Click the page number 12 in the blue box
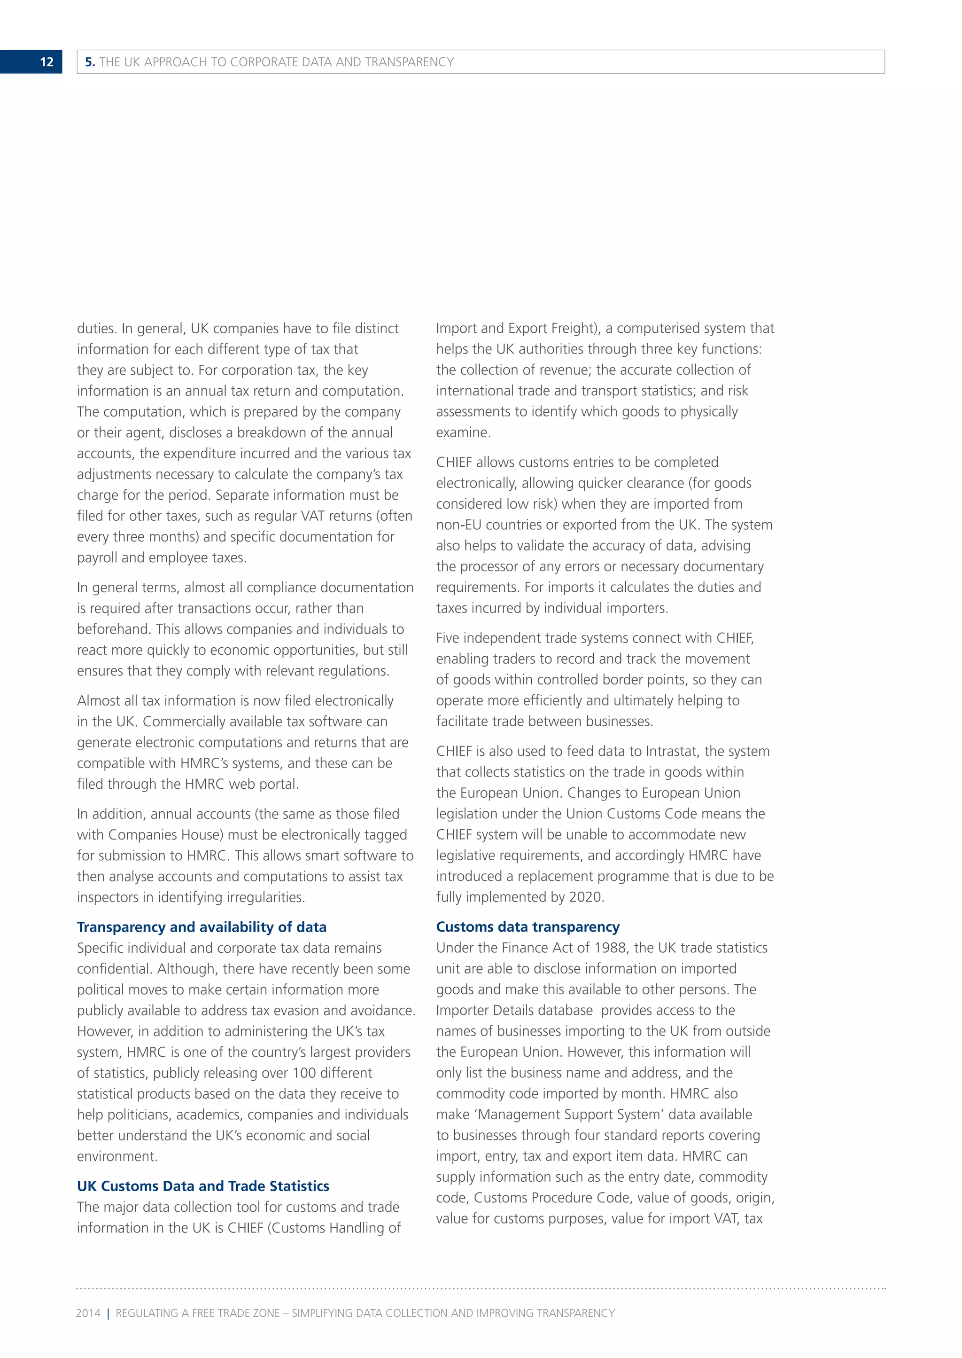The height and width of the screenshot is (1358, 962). (46, 62)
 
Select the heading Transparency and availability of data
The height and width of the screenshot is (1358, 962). (202, 926)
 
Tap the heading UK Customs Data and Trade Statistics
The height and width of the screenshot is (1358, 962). (202, 1185)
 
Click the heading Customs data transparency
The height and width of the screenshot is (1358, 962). (527, 926)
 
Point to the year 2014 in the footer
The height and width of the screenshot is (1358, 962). (88, 1313)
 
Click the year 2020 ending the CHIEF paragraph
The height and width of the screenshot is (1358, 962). (586, 897)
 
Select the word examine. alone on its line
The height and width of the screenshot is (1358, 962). (463, 433)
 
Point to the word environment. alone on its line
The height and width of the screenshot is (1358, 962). (116, 1156)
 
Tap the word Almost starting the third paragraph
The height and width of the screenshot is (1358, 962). (98, 701)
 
